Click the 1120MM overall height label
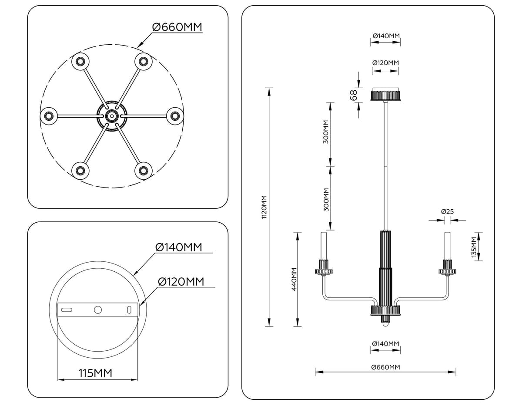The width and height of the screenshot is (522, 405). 264,207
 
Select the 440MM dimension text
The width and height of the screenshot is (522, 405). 294,279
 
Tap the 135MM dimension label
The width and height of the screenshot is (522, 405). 474,247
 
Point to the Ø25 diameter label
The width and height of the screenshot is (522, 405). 447,212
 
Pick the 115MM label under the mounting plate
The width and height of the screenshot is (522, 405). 95,373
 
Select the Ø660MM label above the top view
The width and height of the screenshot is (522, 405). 177,27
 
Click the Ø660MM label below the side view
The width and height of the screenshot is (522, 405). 385,367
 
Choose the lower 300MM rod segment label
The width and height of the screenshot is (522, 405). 326,199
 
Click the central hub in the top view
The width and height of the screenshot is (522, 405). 111,116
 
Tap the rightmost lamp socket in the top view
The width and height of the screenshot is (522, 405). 175,116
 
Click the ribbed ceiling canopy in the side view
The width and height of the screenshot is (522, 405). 385,95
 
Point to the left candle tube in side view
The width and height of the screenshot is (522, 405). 323,246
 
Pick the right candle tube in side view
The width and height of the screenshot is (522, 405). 447,246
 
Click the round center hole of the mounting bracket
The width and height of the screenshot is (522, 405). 98,310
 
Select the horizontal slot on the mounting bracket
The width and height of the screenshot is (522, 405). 67,310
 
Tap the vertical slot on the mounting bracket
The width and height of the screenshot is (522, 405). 129,310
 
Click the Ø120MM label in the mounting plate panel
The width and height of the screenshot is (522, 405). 181,281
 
